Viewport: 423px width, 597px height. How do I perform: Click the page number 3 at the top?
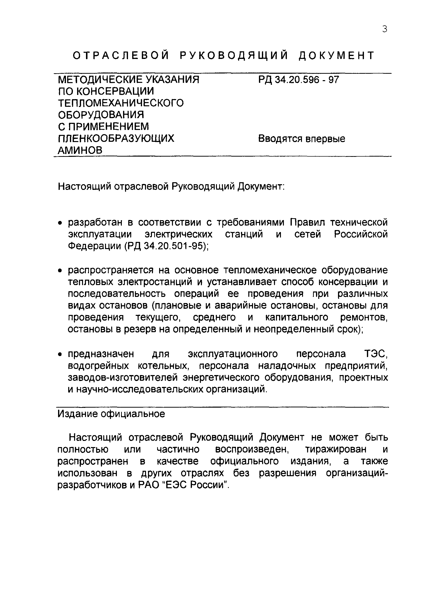click(384, 29)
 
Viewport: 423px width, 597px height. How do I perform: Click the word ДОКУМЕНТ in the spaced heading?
click(336, 55)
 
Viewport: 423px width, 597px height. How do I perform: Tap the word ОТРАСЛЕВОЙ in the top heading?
click(121, 55)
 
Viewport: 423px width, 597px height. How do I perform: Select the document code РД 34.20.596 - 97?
click(298, 80)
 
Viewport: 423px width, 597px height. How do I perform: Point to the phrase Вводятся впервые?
click(301, 139)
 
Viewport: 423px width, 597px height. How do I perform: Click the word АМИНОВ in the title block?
click(80, 150)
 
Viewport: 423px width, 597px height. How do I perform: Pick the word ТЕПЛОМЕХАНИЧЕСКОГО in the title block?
click(121, 103)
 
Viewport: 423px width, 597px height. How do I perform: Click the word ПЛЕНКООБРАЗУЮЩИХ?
click(116, 139)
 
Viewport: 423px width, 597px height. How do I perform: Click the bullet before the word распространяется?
click(60, 271)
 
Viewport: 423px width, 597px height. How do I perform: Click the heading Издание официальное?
click(111, 414)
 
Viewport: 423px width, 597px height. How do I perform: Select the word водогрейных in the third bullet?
click(98, 366)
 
